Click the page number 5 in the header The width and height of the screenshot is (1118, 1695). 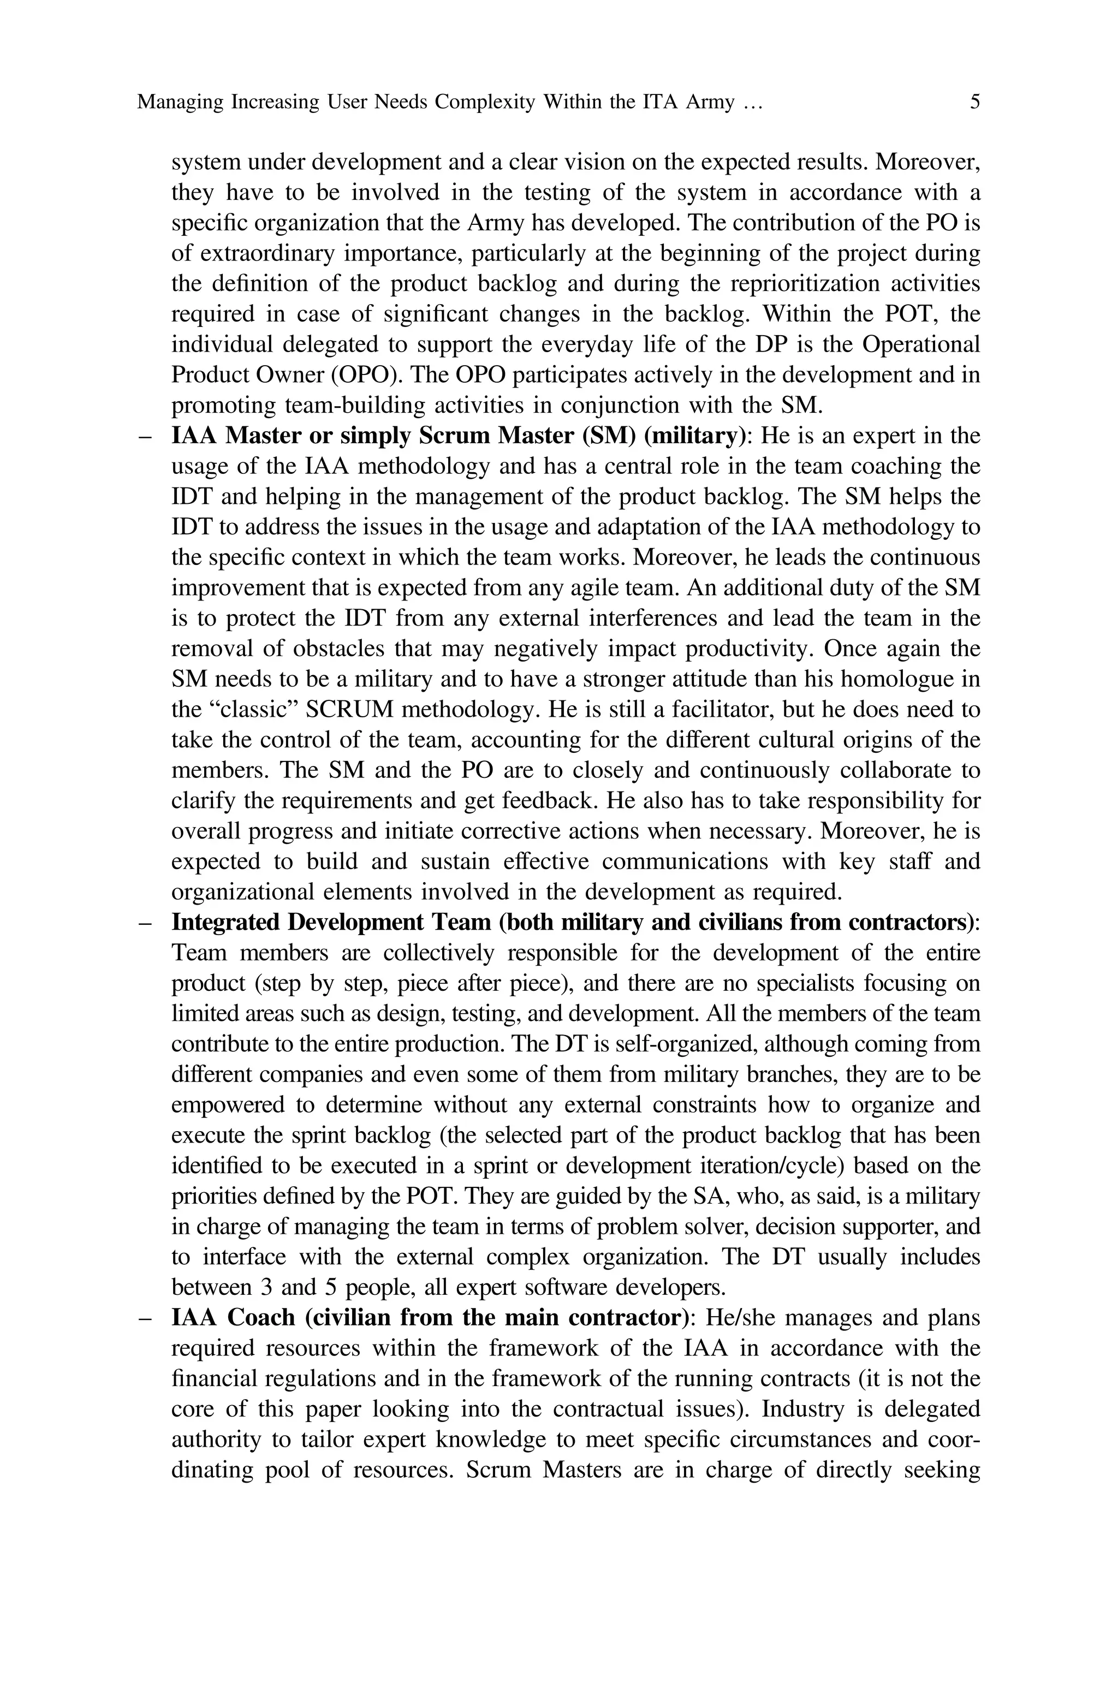[974, 102]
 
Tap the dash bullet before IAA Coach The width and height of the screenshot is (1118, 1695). [145, 1318]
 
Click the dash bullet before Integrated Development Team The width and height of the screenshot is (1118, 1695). [145, 923]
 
